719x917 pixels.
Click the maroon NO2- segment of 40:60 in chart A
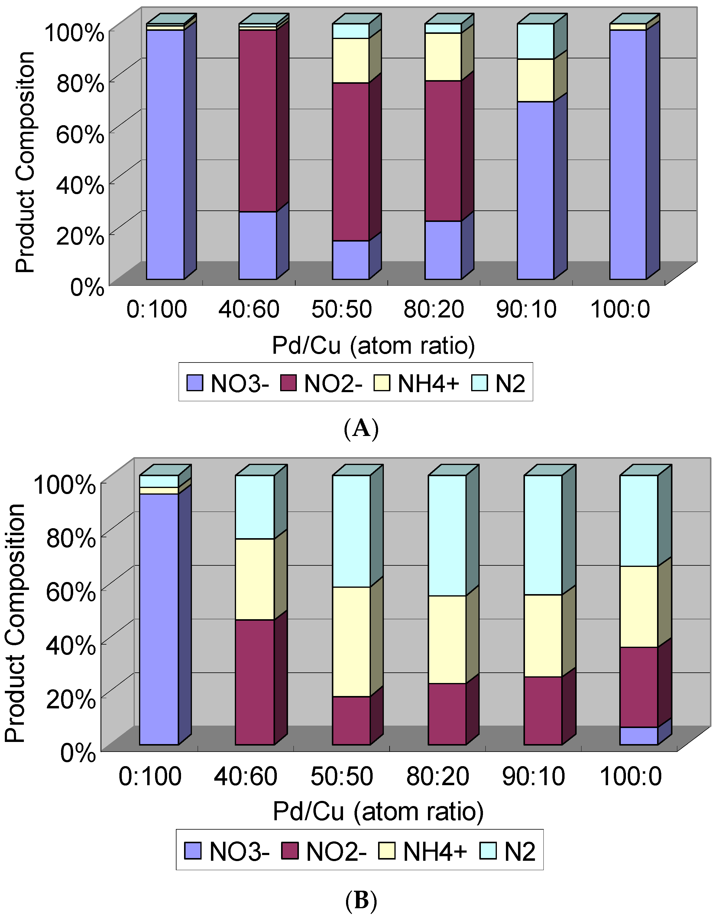(257, 121)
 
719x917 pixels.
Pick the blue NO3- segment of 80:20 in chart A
(443, 250)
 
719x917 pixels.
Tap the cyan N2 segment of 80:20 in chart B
(447, 535)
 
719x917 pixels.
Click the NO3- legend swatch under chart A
(195, 383)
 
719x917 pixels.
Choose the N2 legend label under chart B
(520, 851)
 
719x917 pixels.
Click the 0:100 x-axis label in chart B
(150, 776)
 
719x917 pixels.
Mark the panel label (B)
(361, 901)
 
